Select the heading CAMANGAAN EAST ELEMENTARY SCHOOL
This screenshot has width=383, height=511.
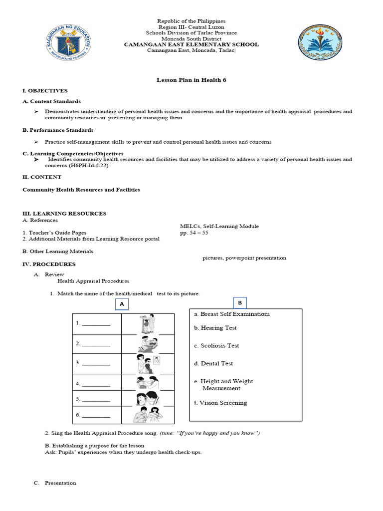[x=191, y=44]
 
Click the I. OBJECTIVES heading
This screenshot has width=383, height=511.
[x=45, y=90]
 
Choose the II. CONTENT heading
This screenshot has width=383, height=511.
[x=42, y=177]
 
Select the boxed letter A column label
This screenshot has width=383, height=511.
[x=121, y=304]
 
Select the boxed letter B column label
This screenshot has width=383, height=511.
[x=239, y=302]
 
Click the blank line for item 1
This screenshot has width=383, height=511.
[x=96, y=323]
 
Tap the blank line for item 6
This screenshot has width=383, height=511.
[x=96, y=415]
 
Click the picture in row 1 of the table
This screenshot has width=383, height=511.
[x=148, y=324]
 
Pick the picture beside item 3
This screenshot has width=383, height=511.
[x=148, y=364]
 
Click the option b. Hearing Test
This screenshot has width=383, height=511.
[x=215, y=328]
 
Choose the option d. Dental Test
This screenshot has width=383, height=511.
[x=213, y=364]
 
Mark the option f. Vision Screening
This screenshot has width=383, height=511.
[x=220, y=403]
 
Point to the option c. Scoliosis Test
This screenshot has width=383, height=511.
[x=216, y=346]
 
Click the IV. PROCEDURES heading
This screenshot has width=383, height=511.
[x=49, y=264]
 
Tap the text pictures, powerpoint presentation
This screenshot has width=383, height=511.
[x=244, y=258]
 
